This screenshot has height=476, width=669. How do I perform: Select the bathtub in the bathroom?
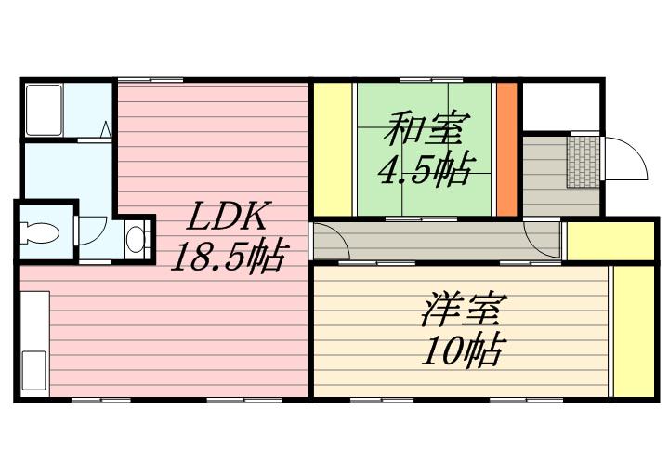pos(42,109)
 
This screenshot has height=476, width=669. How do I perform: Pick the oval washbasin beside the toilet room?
pos(136,238)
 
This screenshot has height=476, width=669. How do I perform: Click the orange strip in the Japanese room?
pos(506,149)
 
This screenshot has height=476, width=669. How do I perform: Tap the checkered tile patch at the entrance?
pos(584,163)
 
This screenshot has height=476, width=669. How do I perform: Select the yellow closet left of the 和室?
pos(332,149)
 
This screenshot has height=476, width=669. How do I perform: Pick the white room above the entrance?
pos(558,105)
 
